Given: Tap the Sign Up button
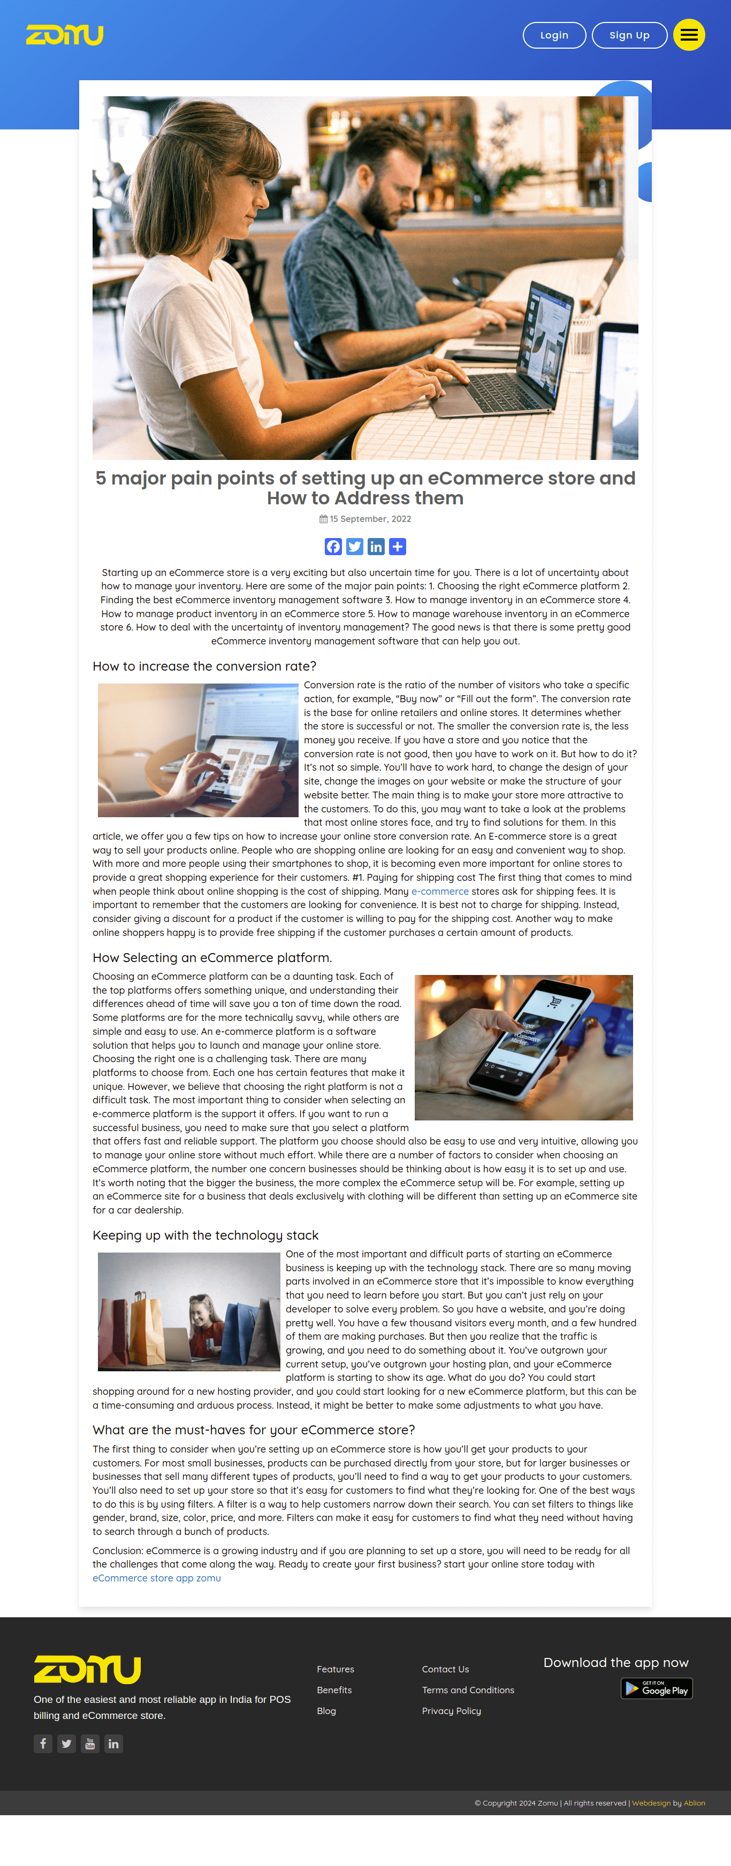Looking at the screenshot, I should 628,35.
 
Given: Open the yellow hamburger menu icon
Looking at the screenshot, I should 688,35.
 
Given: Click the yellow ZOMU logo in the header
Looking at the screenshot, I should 64,35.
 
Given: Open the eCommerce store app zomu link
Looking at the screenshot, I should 156,1578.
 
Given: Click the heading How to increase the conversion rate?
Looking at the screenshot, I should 204,666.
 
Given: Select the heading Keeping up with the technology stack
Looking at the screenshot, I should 205,1235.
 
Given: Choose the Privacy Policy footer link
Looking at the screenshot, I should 451,1711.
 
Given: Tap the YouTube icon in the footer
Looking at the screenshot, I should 90,1744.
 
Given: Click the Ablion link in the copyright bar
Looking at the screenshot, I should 694,1803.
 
